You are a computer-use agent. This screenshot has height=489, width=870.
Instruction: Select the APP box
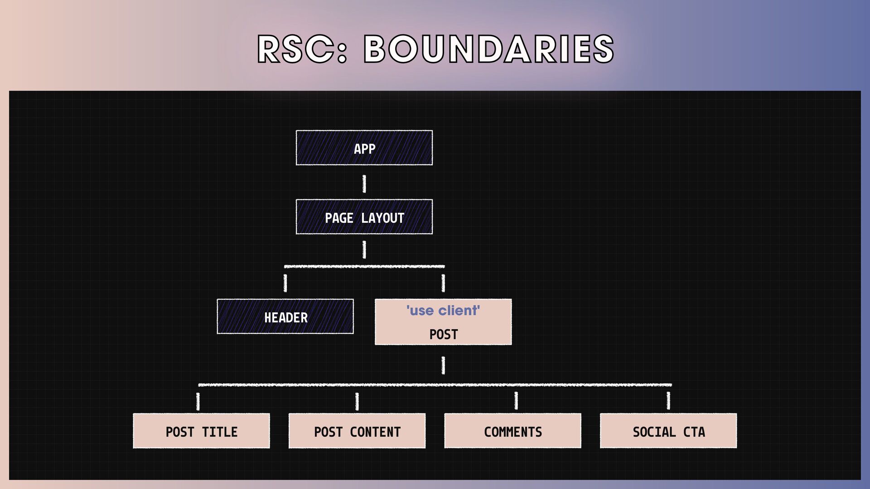pos(364,148)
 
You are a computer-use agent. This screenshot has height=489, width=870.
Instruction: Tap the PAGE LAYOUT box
pos(364,217)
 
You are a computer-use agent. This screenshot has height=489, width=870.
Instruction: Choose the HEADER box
pos(285,316)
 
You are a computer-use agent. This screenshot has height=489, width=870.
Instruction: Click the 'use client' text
pos(443,311)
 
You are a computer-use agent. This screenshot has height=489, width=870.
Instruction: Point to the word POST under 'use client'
pos(444,335)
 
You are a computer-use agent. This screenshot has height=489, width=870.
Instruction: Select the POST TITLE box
pos(202,431)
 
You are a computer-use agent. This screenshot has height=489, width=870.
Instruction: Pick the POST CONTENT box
pos(357,431)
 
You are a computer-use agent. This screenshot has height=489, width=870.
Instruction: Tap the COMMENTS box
pos(513,431)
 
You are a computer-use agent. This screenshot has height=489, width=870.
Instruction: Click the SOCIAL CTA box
pos(668,431)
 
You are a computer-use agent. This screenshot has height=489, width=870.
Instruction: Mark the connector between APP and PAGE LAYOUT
pos(364,184)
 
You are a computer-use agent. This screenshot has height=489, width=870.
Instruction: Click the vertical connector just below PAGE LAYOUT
pos(364,249)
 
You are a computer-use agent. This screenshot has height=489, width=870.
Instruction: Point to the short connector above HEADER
pos(285,283)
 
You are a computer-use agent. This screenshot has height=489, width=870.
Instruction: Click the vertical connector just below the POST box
pos(443,365)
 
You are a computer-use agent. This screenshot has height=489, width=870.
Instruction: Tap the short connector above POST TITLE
pos(198,401)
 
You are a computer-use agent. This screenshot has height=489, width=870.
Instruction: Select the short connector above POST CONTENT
pos(357,401)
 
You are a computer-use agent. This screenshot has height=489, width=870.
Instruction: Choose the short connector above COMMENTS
pos(516,401)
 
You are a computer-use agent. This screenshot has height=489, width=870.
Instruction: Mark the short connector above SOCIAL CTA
pos(668,401)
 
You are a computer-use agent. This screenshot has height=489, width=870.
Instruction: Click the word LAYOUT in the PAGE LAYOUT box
pos(383,218)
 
